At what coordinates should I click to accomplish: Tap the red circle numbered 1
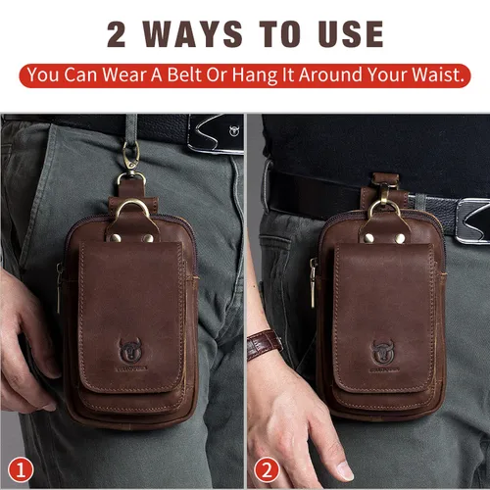tap(23, 469)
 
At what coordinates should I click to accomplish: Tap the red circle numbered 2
tap(264, 469)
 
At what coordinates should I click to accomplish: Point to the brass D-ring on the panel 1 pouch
tap(134, 212)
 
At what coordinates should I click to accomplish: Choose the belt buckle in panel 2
tap(472, 218)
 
